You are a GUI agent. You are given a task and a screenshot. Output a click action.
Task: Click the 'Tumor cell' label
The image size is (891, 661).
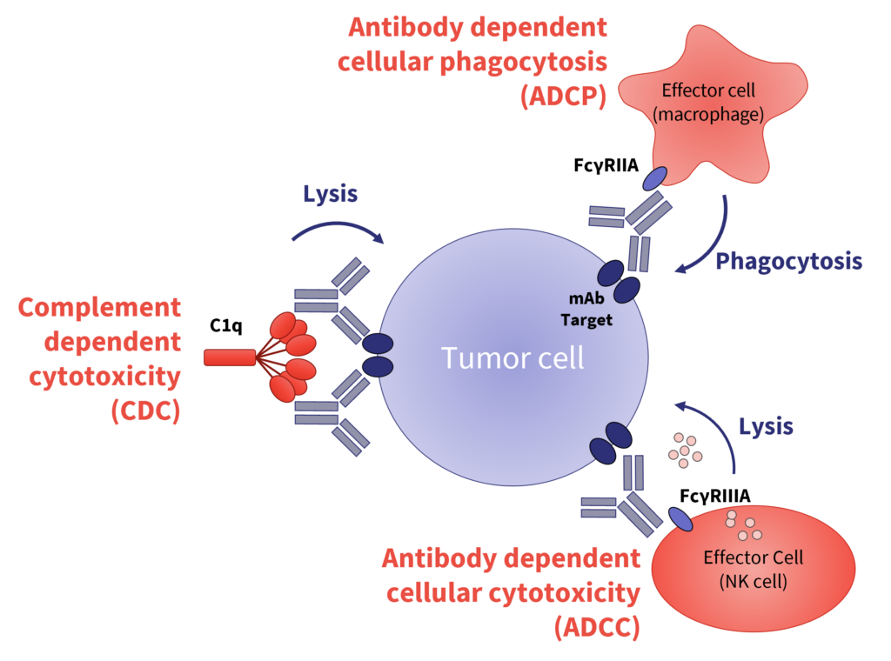click(x=512, y=358)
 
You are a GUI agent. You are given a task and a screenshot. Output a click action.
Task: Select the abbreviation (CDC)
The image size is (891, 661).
click(x=145, y=409)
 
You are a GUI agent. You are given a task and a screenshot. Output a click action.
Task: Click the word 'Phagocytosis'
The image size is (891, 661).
click(x=788, y=261)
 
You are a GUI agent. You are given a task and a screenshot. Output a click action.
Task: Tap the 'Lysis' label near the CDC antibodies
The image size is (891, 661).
click(x=330, y=193)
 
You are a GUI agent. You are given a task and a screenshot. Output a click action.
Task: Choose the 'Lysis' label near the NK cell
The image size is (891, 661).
click(x=766, y=427)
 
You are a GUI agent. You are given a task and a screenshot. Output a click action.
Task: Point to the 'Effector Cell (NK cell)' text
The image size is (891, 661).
click(x=754, y=569)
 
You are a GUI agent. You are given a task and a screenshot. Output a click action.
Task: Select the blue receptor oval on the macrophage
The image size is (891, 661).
click(x=653, y=178)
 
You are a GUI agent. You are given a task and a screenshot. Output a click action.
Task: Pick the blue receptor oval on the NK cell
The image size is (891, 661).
click(x=680, y=518)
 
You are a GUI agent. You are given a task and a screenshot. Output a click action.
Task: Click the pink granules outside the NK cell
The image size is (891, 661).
click(x=685, y=448)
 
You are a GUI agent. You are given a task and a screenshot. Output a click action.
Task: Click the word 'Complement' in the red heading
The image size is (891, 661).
click(x=99, y=307)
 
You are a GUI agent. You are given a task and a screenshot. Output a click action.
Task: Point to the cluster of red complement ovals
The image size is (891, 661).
click(x=291, y=357)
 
